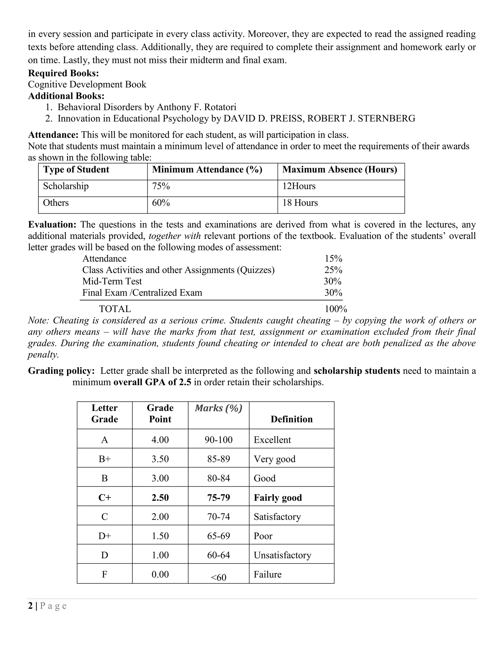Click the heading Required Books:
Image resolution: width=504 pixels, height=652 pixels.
(x=63, y=73)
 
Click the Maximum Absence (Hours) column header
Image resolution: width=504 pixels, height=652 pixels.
(x=339, y=170)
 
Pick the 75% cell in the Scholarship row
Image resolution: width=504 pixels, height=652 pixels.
(x=161, y=186)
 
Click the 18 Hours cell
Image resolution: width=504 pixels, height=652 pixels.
(x=300, y=203)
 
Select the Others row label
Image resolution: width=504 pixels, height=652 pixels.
(x=56, y=203)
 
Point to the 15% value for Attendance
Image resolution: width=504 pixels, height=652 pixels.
(x=333, y=259)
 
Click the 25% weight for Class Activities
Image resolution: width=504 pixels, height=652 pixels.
(x=333, y=270)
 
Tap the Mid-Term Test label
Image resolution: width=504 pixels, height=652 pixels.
(x=112, y=281)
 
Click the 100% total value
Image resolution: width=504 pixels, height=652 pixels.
(x=336, y=309)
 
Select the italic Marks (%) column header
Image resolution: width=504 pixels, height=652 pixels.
(x=219, y=408)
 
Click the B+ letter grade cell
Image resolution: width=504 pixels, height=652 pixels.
(x=105, y=459)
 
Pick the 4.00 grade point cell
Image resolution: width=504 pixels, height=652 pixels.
(x=160, y=440)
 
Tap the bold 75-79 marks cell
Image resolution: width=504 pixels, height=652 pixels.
(x=219, y=498)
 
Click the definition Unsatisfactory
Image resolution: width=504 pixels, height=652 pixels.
(x=282, y=555)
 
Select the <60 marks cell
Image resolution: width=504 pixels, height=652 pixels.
(x=219, y=577)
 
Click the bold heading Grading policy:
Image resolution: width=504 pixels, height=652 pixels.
(x=61, y=371)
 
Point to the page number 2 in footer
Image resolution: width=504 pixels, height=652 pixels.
(x=30, y=606)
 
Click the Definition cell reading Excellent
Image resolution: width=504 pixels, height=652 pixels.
(x=272, y=440)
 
